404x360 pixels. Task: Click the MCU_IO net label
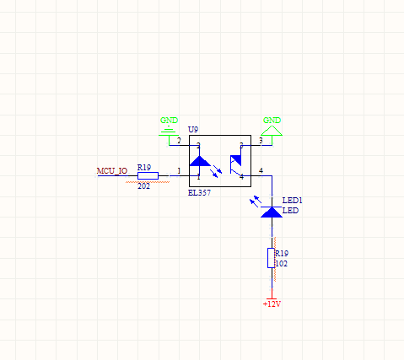coord(112,171)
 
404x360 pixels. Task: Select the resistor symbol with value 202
coord(148,176)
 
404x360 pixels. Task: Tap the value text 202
coord(143,186)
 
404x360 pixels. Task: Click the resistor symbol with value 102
coord(271,258)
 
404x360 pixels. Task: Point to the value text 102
coord(282,264)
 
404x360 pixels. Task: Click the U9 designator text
coord(193,130)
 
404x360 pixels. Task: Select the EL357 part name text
coord(199,193)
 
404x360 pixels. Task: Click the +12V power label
coord(272,304)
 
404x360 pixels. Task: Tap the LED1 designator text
coord(293,201)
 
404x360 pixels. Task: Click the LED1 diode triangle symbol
coord(272,212)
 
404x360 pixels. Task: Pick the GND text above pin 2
coord(169,121)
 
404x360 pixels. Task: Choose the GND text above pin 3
coord(272,121)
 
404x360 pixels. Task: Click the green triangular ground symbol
coord(272,131)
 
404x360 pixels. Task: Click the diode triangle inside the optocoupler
coord(200,161)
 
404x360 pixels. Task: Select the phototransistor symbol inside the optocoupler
coord(236,165)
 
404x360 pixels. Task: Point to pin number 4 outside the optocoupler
coord(261,170)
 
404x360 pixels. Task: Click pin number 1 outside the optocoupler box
coord(179,170)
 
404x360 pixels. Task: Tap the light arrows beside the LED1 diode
coord(256,201)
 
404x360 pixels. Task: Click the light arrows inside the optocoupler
coord(216,171)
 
